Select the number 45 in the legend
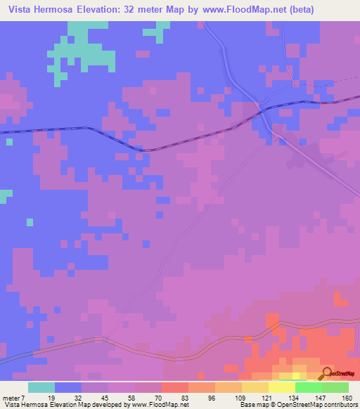click(108, 397)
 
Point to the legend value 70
click(161, 397)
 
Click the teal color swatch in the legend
click(41, 387)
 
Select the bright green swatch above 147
click(308, 387)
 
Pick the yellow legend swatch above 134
click(281, 387)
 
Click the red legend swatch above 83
click(174, 387)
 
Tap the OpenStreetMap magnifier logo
click(326, 373)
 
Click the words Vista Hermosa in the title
click(39, 10)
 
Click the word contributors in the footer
click(336, 405)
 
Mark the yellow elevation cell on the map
click(299, 369)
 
